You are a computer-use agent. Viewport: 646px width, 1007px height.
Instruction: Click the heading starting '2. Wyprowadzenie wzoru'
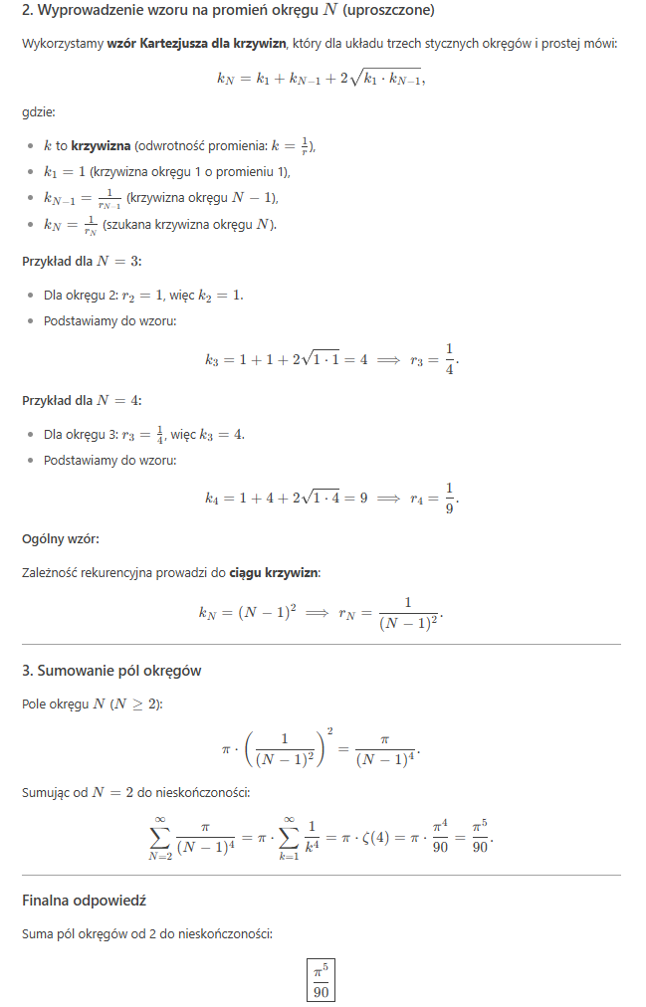click(227, 11)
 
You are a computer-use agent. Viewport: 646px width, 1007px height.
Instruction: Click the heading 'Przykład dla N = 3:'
click(82, 262)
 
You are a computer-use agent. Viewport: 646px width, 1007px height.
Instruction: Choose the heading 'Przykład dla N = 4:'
click(82, 401)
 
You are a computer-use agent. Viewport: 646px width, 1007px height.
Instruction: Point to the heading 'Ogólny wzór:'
click(60, 539)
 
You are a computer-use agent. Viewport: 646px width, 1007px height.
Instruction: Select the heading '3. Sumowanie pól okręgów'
click(111, 671)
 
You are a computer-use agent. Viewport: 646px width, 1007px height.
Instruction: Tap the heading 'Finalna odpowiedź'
click(84, 901)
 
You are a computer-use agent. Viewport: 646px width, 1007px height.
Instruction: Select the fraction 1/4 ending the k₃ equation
click(449, 358)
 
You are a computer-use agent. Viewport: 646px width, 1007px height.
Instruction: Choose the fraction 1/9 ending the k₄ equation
click(449, 498)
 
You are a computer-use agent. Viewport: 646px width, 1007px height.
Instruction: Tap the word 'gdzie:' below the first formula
click(39, 113)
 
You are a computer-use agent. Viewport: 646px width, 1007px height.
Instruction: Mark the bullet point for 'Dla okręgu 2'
click(30, 296)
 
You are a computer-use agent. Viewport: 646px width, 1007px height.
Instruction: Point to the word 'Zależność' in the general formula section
click(52, 572)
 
